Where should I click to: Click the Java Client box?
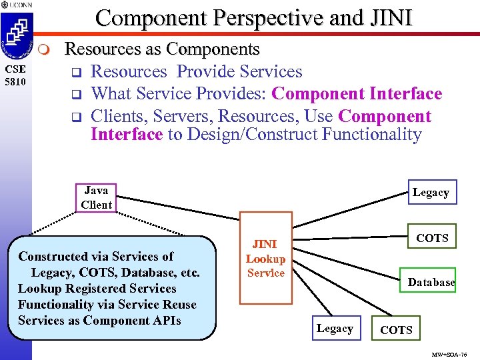tap(96, 198)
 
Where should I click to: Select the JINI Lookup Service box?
tap(265, 258)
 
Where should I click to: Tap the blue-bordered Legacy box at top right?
tap(431, 193)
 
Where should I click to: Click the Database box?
tap(431, 282)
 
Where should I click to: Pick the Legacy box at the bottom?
tap(335, 329)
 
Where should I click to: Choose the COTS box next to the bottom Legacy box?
tap(396, 329)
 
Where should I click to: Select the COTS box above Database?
tap(431, 238)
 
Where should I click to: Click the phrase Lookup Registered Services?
tap(97, 289)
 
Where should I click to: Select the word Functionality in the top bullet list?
tap(371, 135)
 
